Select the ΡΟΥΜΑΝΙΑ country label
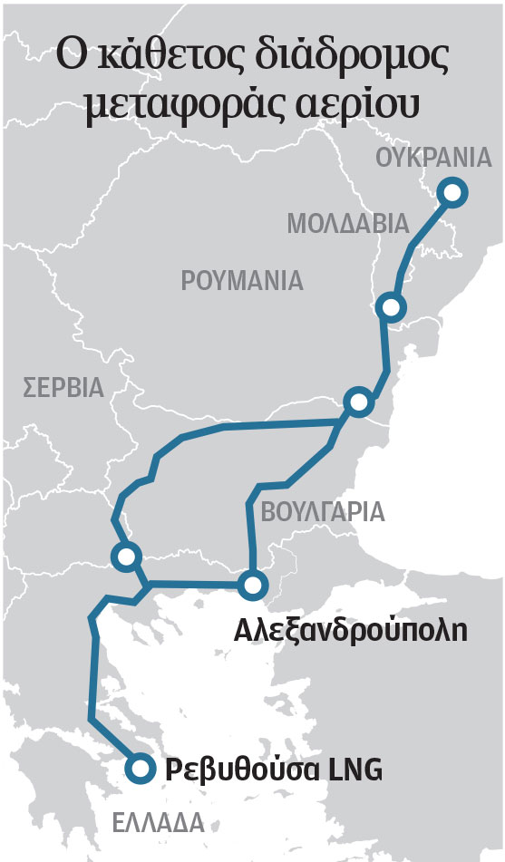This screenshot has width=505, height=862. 242,280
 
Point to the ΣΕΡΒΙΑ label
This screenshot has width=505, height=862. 64,388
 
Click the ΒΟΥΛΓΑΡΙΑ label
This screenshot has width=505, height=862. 323,512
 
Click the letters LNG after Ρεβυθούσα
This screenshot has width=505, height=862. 354,770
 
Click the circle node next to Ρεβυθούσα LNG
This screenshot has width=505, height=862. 139,769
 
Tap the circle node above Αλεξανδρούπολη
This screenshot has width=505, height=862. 253,585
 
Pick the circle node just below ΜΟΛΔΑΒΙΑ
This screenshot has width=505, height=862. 391,306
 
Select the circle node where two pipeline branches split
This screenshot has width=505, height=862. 358,402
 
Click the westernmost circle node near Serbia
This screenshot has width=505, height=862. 124,556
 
